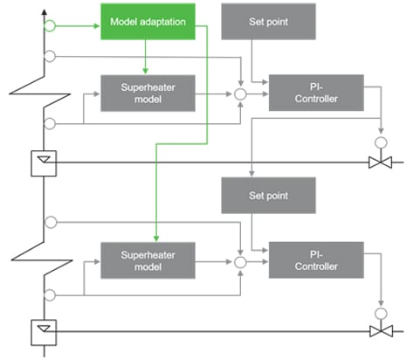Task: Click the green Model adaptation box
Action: [147, 21]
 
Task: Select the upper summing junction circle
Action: [242, 92]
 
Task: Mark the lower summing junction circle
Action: [242, 260]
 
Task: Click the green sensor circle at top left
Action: [51, 26]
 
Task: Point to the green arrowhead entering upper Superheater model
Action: [147, 71]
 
